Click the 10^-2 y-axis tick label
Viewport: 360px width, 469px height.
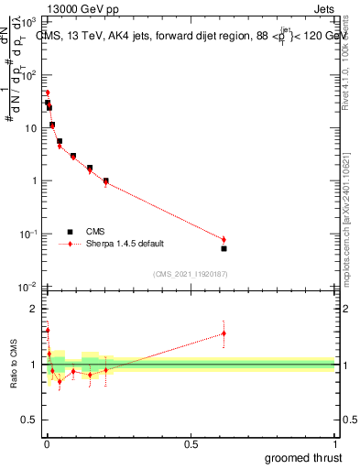point(27,288)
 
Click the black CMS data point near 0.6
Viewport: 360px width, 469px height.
point(224,248)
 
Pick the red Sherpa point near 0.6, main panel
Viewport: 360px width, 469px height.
point(224,240)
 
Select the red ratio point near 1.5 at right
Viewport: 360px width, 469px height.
point(224,333)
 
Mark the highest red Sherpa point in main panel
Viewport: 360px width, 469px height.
point(47,93)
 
